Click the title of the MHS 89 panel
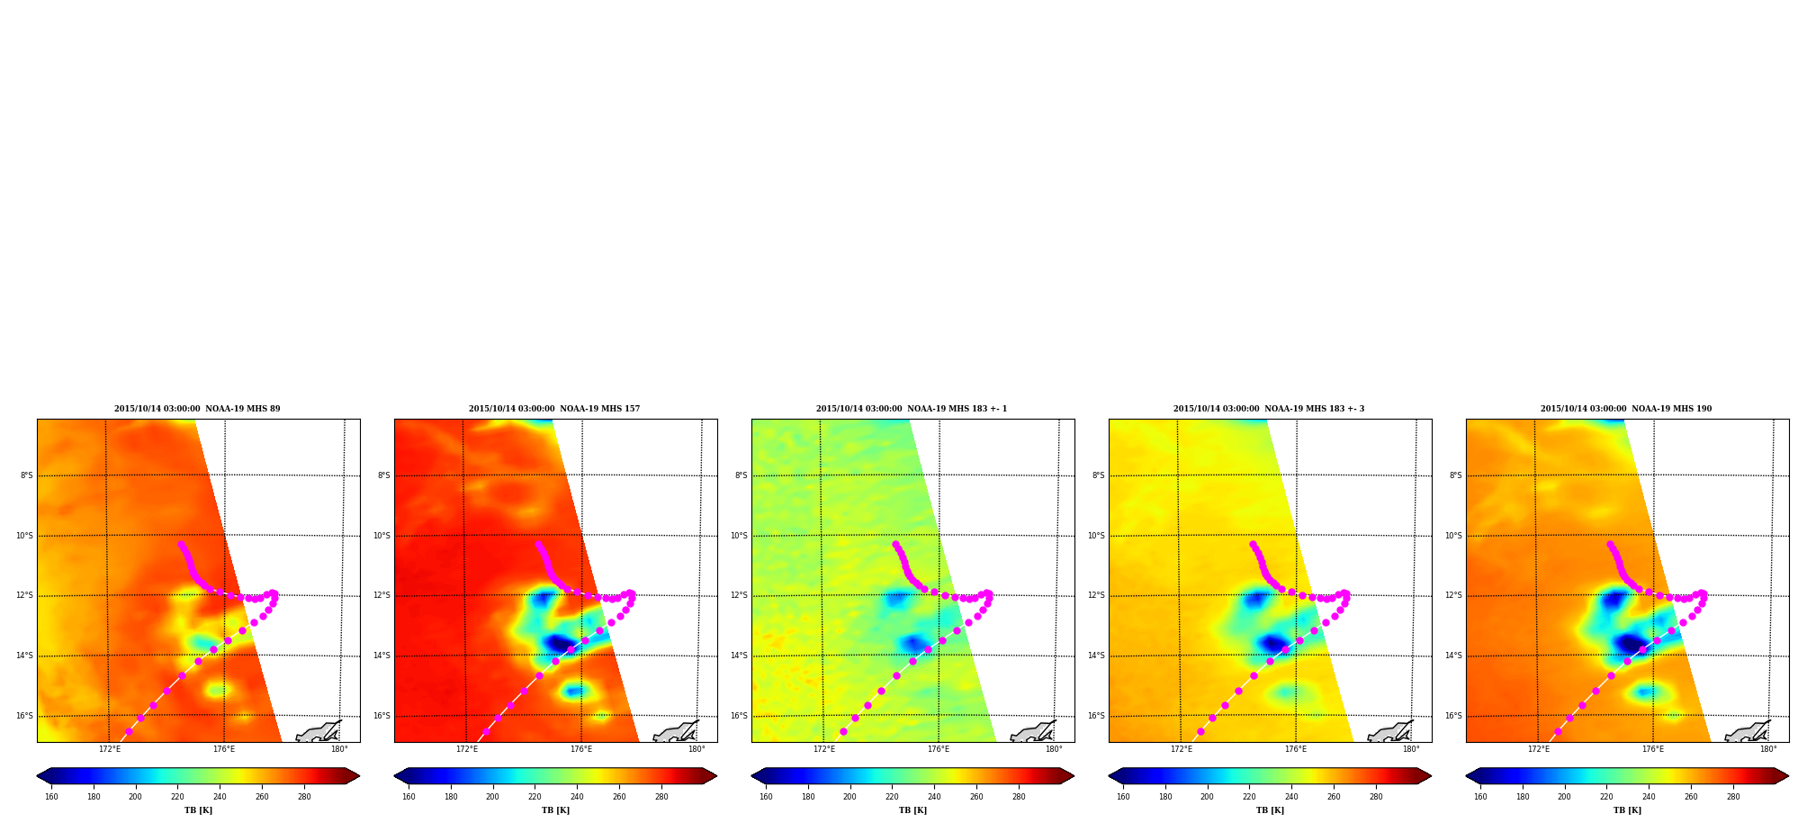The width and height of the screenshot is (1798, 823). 197,409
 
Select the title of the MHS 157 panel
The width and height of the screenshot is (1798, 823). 554,409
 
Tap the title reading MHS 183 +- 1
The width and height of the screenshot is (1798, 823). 912,409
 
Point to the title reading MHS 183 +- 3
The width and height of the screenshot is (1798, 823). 1269,409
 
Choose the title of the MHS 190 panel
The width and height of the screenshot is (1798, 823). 1626,409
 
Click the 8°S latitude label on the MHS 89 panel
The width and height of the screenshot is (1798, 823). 27,475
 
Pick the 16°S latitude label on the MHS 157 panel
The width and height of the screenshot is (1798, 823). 382,716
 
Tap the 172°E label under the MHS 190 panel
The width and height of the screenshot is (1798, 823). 1539,749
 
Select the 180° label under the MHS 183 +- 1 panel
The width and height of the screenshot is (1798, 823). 1054,749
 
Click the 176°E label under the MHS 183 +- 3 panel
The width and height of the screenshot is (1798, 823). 1296,749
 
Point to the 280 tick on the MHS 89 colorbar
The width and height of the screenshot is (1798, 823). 304,796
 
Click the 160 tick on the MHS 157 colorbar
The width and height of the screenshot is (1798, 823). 409,796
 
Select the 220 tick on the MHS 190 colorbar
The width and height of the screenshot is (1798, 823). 1606,796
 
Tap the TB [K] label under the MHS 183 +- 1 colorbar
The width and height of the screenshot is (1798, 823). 912,810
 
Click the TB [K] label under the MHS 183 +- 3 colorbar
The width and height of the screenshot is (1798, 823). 1270,810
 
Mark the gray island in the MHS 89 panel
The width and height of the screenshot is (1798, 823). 319,732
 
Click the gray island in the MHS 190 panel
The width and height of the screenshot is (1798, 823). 1748,732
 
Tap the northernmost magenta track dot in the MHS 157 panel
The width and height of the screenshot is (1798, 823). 538,544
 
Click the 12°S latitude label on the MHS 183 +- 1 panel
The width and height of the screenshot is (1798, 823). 739,595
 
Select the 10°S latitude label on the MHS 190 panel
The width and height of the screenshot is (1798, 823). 1453,536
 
